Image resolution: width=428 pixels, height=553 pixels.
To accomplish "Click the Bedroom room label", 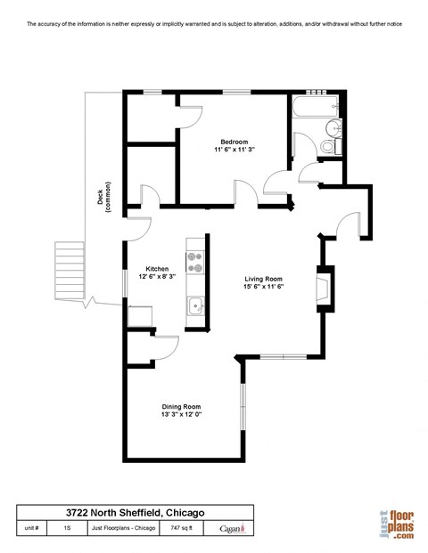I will (235, 142).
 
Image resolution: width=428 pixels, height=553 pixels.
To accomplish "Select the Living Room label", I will (263, 280).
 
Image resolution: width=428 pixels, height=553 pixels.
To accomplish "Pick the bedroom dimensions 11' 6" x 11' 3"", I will (235, 150).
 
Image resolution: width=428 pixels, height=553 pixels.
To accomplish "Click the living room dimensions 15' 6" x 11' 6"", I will (263, 289).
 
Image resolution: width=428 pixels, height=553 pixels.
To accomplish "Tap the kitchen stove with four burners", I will (194, 261).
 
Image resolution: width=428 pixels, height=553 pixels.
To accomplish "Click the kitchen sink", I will (194, 308).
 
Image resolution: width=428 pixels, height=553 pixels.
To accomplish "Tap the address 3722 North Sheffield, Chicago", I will (136, 512).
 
